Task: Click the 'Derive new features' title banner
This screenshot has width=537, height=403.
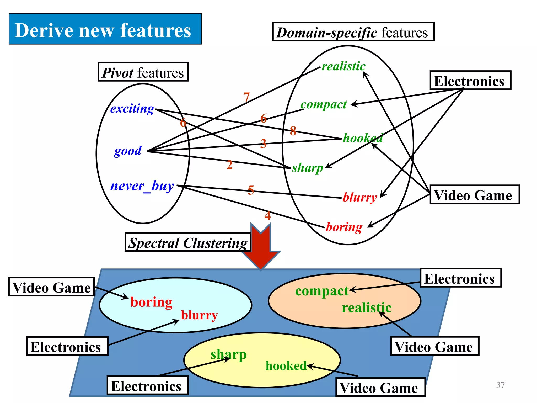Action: click(x=105, y=29)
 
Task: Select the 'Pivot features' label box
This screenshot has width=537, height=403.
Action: click(x=143, y=72)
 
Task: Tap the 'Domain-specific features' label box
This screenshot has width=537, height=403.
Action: click(x=353, y=32)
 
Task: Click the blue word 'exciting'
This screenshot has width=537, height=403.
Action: click(x=132, y=109)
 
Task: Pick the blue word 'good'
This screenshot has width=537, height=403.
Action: click(x=128, y=151)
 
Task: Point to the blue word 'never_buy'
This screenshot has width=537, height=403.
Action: click(x=142, y=186)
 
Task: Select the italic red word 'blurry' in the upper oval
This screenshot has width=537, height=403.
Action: click(x=360, y=197)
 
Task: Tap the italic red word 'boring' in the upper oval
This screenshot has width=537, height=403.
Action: click(x=344, y=227)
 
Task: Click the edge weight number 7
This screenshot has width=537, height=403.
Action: click(x=246, y=97)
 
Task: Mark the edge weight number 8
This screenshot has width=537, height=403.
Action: click(x=293, y=131)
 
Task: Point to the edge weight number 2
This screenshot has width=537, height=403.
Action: click(x=229, y=165)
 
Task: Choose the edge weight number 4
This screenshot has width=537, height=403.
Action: click(x=267, y=216)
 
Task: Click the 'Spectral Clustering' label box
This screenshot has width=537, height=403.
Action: click(x=188, y=242)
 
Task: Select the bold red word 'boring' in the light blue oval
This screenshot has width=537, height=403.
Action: click(x=151, y=302)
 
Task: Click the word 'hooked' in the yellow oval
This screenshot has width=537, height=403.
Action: click(x=286, y=366)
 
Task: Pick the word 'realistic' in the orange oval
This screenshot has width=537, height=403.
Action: click(x=367, y=308)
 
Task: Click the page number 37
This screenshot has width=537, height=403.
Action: click(x=500, y=385)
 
